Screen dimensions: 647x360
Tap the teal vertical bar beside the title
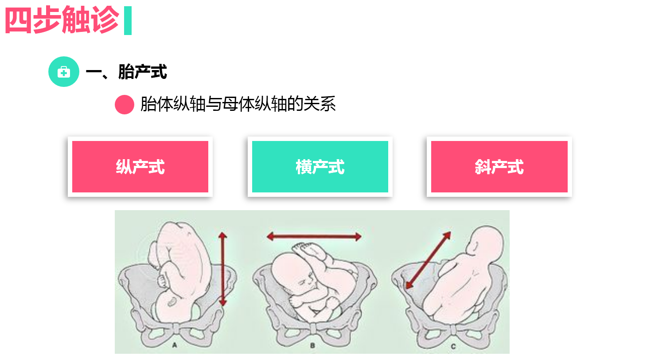128,21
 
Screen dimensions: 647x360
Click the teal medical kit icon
64,72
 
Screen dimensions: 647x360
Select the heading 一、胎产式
126,72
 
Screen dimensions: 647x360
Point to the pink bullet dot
125,105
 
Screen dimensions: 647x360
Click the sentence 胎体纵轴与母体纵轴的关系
238,105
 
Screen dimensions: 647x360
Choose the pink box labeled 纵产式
140,167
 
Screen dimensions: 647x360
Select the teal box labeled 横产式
320,167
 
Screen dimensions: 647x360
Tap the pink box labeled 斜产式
499,167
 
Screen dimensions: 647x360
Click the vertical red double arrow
222,269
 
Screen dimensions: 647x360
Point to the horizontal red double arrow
314,237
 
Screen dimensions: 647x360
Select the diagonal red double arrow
428,260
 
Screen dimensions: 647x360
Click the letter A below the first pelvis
174,345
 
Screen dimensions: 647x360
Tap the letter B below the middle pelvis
312,345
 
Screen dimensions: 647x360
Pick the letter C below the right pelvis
452,345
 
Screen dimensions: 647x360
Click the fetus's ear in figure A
171,301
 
